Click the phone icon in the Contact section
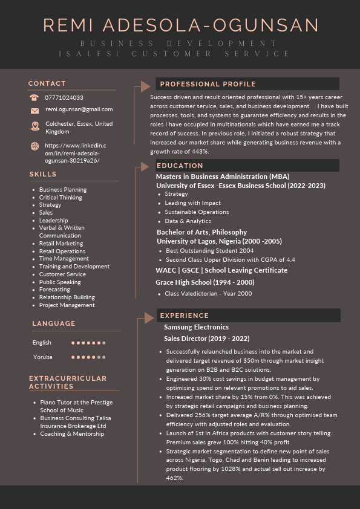[x=34, y=97]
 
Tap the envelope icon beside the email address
[x=34, y=110]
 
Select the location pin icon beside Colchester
[x=34, y=126]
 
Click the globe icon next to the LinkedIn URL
[x=34, y=146]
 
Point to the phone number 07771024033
[x=64, y=97]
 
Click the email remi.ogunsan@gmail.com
[x=79, y=109]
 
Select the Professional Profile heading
[x=208, y=84]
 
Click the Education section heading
[x=180, y=166]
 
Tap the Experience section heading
[x=184, y=316]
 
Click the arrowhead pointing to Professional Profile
[x=146, y=86]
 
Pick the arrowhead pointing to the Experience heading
[x=147, y=316]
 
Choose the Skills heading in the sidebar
[x=42, y=174]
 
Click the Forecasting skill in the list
[x=54, y=290]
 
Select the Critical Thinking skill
[x=61, y=198]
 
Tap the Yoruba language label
[x=42, y=357]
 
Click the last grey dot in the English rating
[x=104, y=343]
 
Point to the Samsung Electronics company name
[x=196, y=327]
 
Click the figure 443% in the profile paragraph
[x=197, y=152]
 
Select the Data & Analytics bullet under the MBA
[x=188, y=221]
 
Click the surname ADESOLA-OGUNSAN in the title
[x=211, y=25]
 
